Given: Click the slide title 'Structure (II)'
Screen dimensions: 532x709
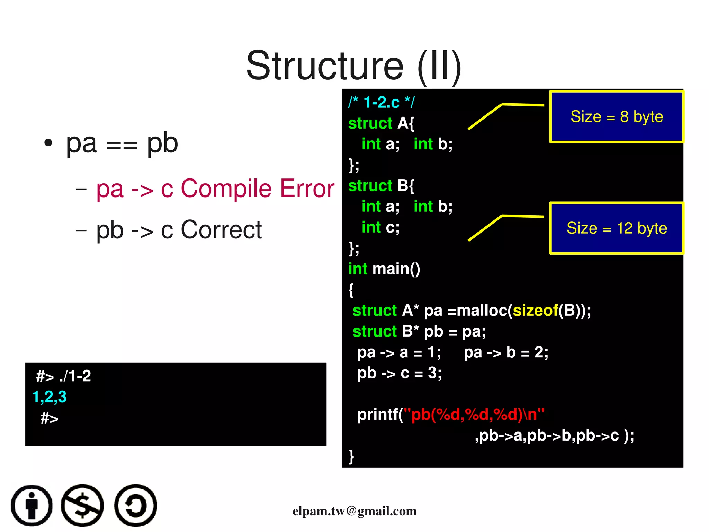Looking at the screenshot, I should click(353, 66).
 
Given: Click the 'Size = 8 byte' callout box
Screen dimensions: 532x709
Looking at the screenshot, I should click(617, 117).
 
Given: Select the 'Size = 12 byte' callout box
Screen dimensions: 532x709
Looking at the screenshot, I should click(617, 228).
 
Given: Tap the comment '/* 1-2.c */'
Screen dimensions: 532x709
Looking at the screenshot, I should click(381, 102).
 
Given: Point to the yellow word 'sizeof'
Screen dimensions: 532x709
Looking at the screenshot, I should click(535, 311).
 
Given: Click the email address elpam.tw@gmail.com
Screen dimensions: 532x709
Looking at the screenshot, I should click(354, 511).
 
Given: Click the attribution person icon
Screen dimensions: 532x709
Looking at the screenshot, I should click(32, 506).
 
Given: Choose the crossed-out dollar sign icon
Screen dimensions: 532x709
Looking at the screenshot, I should click(82, 506).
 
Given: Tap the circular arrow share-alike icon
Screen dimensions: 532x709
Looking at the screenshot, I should click(136, 506).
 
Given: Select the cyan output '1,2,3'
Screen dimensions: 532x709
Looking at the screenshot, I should click(49, 397).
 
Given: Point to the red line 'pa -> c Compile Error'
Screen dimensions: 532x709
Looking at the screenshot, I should click(215, 189).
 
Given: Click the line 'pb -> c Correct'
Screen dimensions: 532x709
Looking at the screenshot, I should click(179, 230).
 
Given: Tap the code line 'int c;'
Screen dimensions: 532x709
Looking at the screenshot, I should click(380, 227).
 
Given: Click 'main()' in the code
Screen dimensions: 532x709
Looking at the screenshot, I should click(396, 269).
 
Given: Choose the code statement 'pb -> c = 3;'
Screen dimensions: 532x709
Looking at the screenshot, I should click(400, 373).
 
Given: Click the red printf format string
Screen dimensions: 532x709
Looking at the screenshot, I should click(474, 415).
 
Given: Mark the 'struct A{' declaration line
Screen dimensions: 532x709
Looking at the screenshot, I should click(381, 123).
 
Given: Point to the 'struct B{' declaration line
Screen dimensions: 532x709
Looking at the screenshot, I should click(381, 186).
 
